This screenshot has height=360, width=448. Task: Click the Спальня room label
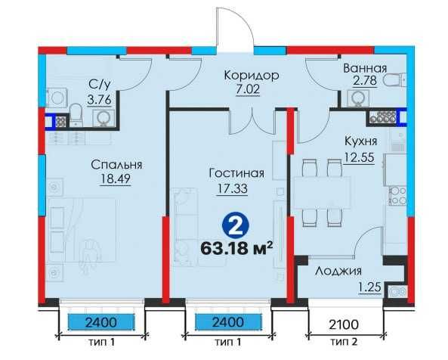coord(116,166)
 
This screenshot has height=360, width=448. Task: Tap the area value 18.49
coord(115,178)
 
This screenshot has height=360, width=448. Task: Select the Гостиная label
coord(236,173)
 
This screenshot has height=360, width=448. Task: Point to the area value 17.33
coord(232,188)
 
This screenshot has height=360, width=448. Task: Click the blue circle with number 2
coord(236,225)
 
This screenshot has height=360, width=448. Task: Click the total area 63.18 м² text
coord(236,247)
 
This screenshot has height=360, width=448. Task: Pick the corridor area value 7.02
coord(248,89)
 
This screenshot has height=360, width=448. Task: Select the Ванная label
coord(365,68)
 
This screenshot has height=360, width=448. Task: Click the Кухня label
coord(361,141)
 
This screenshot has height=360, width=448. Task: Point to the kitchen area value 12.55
coord(359,157)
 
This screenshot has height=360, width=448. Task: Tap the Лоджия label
coord(338,271)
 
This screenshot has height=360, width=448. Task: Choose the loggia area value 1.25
coord(370,287)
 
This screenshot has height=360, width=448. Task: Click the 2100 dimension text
coord(344,324)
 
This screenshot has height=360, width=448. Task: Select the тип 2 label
coord(344,342)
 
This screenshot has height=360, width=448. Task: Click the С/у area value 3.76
coord(99,100)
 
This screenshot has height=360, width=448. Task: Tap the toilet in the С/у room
coord(76,115)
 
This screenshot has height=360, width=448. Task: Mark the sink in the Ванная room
coord(357,98)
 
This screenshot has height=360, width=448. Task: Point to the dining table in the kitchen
coord(322,193)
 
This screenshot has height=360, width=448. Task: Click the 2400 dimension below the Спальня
coord(101,322)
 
